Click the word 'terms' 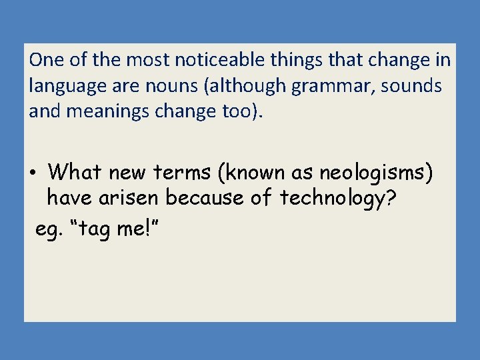(x=184, y=173)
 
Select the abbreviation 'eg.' (x=46, y=230)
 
